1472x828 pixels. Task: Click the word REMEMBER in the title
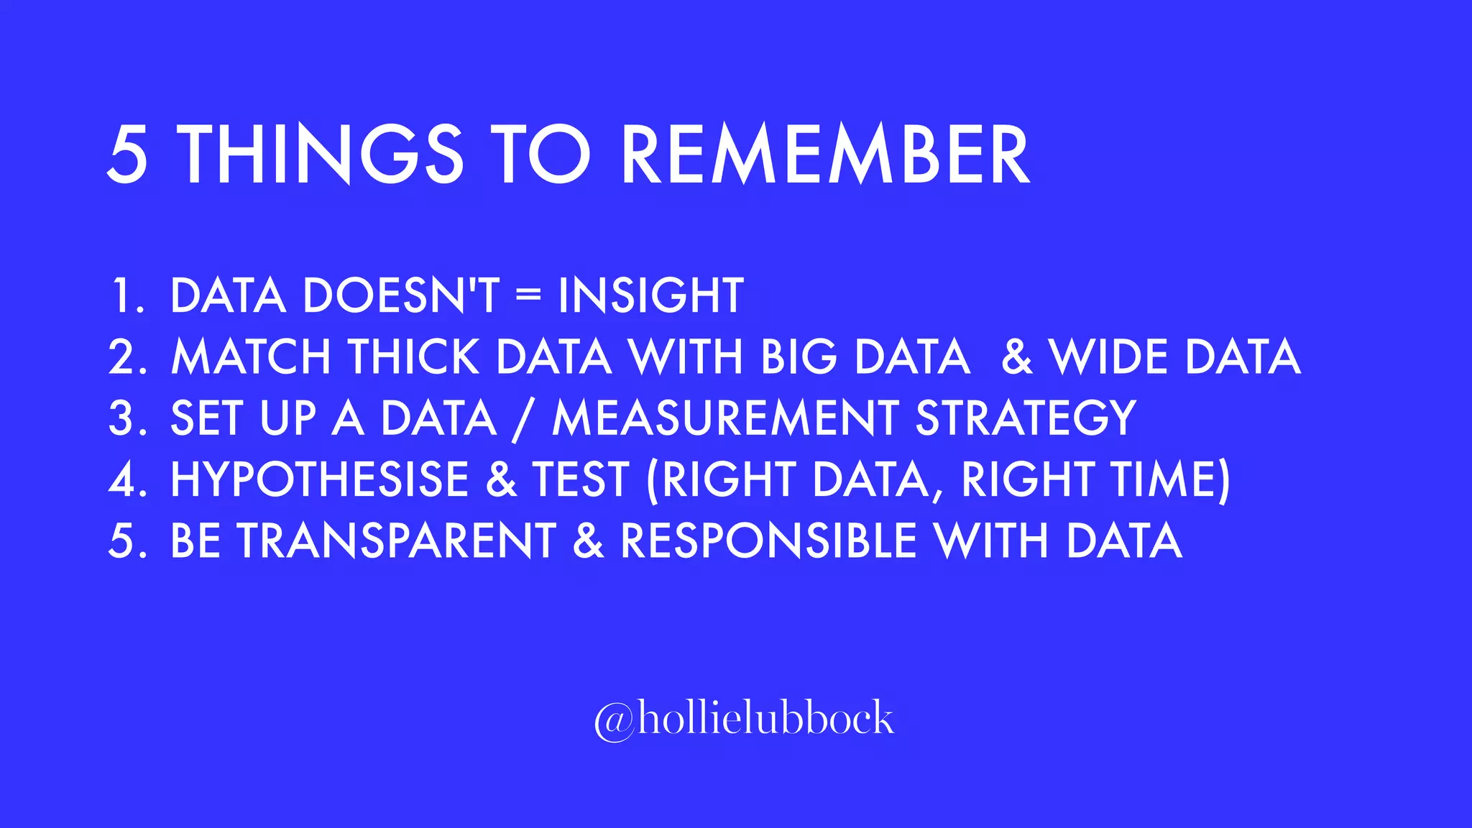click(x=825, y=155)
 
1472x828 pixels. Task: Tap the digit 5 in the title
click(x=128, y=155)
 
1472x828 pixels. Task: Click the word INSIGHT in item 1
click(x=650, y=295)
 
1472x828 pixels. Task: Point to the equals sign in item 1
click(x=528, y=295)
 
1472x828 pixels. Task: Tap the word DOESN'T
click(x=401, y=295)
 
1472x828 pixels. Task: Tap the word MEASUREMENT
click(x=725, y=418)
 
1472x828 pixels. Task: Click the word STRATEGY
click(x=1026, y=418)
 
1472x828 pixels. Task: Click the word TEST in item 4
click(x=581, y=479)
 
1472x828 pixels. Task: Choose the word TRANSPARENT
click(x=397, y=540)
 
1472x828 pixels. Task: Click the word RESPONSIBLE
click(x=768, y=540)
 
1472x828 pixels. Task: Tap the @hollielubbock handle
click(x=744, y=719)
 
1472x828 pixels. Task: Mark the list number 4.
click(x=121, y=479)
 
